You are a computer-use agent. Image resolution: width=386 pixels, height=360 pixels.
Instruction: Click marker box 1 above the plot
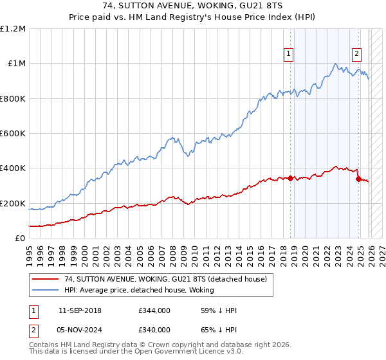(x=289, y=55)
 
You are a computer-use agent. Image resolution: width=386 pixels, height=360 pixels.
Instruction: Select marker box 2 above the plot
(x=356, y=55)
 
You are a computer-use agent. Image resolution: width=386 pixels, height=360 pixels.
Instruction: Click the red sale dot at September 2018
(x=290, y=178)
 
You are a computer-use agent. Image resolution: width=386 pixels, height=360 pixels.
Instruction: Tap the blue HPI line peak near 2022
(x=335, y=63)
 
